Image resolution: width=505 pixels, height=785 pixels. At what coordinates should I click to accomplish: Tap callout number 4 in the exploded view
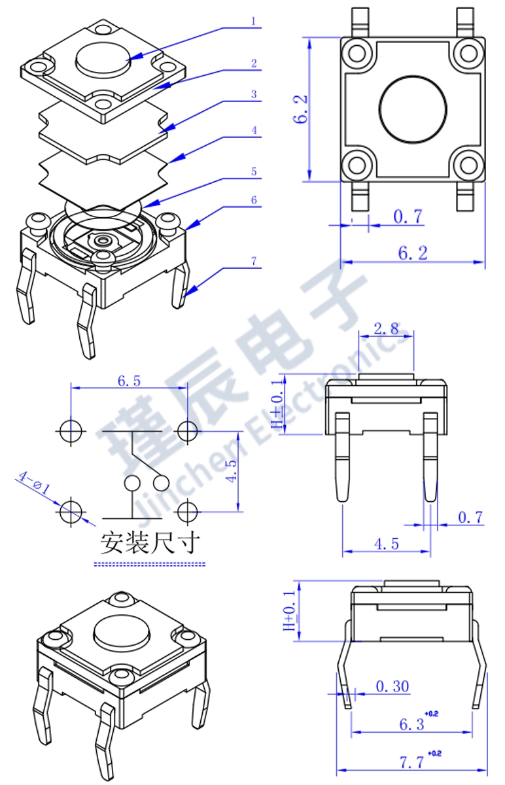[x=254, y=130]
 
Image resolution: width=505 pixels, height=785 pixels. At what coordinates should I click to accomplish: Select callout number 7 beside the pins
[x=254, y=261]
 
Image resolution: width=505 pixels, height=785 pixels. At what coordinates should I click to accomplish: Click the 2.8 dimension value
[x=386, y=328]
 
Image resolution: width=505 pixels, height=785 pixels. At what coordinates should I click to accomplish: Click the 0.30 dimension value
[x=392, y=686]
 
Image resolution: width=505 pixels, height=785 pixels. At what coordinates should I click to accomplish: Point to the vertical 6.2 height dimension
[x=302, y=109]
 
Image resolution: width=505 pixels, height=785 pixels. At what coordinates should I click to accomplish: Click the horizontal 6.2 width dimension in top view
[x=413, y=253]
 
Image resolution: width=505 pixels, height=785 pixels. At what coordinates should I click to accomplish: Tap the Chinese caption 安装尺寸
[x=148, y=542]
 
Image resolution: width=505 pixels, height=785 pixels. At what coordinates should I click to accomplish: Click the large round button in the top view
[x=413, y=109]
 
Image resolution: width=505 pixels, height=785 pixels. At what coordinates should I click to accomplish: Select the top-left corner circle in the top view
[x=357, y=51]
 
